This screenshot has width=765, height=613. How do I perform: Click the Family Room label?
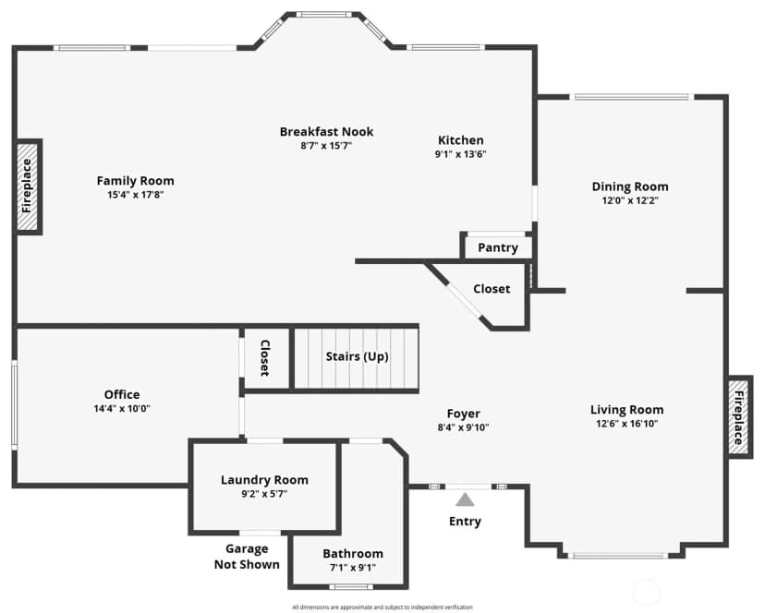[135, 181]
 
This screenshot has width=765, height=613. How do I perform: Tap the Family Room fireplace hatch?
[28, 186]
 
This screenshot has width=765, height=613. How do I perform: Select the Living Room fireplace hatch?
[738, 417]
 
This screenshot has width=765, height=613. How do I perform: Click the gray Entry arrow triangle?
[465, 499]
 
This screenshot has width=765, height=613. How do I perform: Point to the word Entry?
[465, 522]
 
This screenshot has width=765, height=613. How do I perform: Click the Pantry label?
[498, 247]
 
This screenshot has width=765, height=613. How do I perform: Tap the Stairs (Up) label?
[358, 356]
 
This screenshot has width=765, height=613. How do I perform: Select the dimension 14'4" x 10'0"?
[122, 408]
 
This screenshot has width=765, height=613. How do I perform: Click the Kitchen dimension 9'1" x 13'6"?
[460, 154]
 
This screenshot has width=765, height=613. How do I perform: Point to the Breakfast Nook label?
[326, 132]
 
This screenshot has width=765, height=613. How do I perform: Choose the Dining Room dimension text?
[630, 200]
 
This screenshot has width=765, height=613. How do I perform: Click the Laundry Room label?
[264, 480]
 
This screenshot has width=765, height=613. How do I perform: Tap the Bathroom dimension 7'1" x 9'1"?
[353, 568]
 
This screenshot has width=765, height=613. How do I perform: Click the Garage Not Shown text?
[247, 557]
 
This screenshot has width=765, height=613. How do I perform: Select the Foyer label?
[464, 414]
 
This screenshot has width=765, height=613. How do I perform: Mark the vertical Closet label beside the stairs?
[265, 358]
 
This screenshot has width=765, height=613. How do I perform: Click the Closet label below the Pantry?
[492, 289]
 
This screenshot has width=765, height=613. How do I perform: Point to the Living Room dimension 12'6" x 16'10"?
[627, 424]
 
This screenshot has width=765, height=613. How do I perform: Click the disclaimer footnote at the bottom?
[382, 607]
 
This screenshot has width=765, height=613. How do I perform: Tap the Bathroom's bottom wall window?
[351, 586]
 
